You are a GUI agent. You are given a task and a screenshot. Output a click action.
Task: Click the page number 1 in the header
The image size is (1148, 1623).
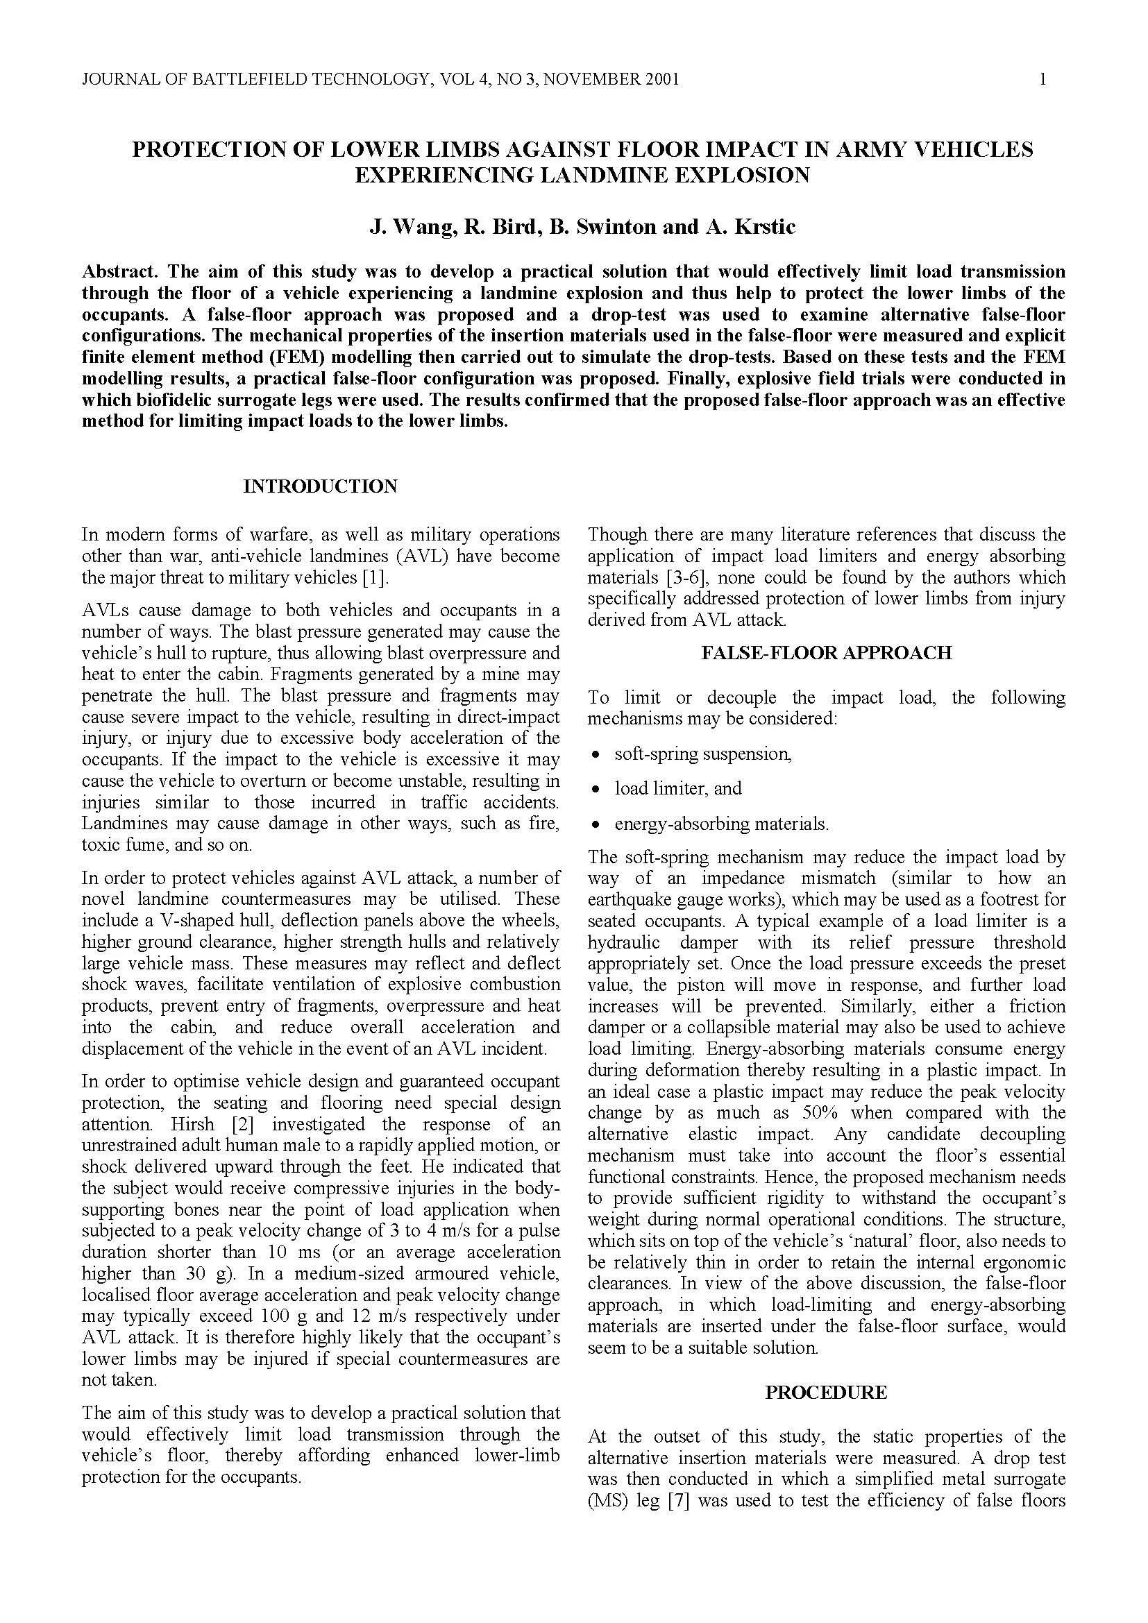coord(1043,79)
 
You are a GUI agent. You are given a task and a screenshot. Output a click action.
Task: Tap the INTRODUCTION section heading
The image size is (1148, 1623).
coord(320,486)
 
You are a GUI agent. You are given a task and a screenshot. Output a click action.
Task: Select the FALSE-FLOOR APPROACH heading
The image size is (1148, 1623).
coord(827,652)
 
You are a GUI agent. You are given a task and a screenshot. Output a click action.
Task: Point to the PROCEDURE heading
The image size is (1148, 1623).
coord(827,1393)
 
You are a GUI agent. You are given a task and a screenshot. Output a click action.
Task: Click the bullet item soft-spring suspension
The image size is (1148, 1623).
coord(702,754)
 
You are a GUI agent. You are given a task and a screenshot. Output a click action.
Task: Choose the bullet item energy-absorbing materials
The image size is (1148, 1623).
coord(721,824)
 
